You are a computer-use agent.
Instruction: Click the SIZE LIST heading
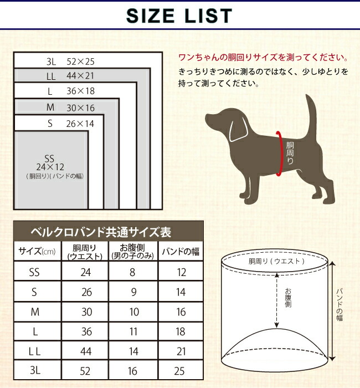pyautogui.click(x=179, y=15)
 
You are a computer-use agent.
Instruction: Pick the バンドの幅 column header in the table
pyautogui.click(x=181, y=252)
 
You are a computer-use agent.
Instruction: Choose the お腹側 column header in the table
pyautogui.click(x=133, y=252)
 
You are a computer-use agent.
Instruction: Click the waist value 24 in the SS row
pyautogui.click(x=86, y=272)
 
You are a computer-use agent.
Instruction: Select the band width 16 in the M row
pyautogui.click(x=181, y=312)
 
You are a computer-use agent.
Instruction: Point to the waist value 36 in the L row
pyautogui.click(x=86, y=333)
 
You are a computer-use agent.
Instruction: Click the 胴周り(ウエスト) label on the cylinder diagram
pyautogui.click(x=276, y=261)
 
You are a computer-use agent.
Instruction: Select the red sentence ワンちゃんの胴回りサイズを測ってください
pyautogui.click(x=263, y=58)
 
